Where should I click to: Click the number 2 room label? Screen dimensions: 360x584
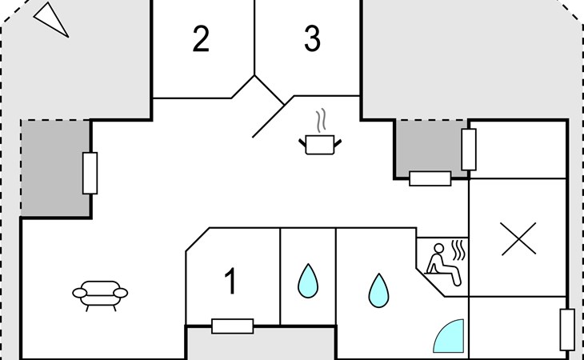pyautogui.click(x=201, y=39)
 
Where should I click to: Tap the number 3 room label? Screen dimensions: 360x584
pyautogui.click(x=312, y=39)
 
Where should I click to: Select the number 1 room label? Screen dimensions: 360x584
pyautogui.click(x=230, y=282)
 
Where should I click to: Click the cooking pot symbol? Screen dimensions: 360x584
pyautogui.click(x=320, y=144)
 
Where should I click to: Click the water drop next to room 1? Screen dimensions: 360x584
pyautogui.click(x=308, y=281)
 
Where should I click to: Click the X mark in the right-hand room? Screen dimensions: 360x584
pyautogui.click(x=518, y=239)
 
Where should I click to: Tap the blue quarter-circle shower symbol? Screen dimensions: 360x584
pyautogui.click(x=449, y=336)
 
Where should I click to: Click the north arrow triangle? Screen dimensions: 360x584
pyautogui.click(x=52, y=19)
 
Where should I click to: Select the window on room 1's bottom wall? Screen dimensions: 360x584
pyautogui.click(x=232, y=326)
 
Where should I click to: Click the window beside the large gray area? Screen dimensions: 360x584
pyautogui.click(x=90, y=173)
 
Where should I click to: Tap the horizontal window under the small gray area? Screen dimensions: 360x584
pyautogui.click(x=430, y=178)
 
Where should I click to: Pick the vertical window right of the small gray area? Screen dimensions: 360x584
pyautogui.click(x=469, y=149)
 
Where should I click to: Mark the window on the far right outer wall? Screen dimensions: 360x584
pyautogui.click(x=567, y=330)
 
